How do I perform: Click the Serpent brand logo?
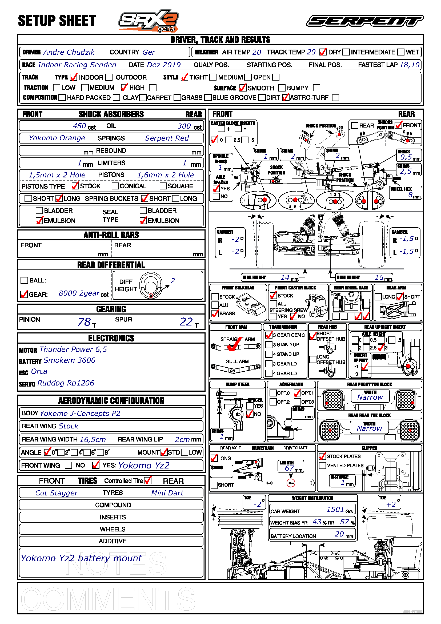coord(365,21)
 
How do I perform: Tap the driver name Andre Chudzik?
coord(69,52)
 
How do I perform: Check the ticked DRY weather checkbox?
coord(323,52)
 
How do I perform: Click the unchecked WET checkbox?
coord(401,52)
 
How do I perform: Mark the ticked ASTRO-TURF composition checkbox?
coord(286,97)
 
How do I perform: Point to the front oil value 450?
coord(79,126)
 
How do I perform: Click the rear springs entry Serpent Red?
coord(167,138)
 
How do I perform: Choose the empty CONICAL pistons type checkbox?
coord(115,186)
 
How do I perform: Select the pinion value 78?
coord(84,322)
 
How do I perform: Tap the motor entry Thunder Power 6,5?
coord(73,349)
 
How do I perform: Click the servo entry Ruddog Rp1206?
coord(66,383)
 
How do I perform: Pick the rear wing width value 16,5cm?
coord(93,439)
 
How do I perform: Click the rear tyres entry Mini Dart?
coord(167,493)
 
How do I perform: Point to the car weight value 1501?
coord(335,510)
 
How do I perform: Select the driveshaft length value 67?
coord(289,468)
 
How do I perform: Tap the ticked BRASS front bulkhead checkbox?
coord(215,313)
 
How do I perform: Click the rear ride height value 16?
coord(379,277)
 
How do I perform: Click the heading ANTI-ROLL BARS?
coord(111,235)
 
